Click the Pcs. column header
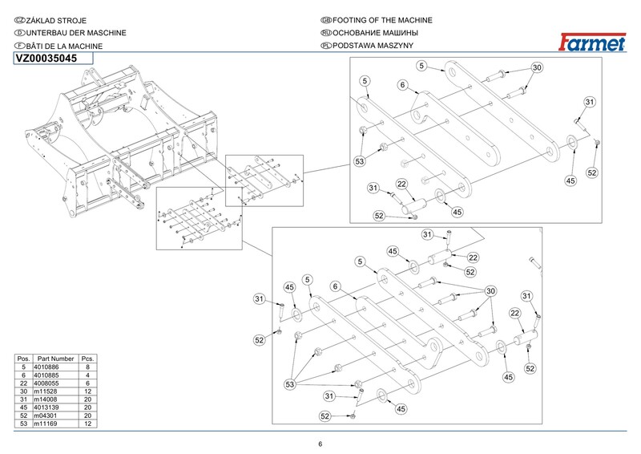coord(88,359)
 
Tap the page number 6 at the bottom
coord(320,445)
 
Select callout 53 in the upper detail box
coord(361,161)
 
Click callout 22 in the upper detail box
coord(401,184)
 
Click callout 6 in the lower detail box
coord(336,285)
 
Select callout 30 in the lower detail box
coord(490,290)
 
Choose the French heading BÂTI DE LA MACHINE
coord(63,47)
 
